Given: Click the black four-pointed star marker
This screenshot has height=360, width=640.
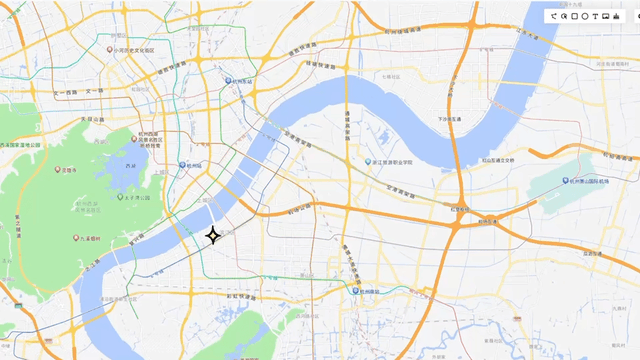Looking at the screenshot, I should coord(213,236).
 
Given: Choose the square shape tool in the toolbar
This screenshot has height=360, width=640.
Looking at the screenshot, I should coord(574,16).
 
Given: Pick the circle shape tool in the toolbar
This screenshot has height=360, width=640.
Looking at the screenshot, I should coord(584,16).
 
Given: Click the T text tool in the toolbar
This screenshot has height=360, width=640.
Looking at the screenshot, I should coord(595,16).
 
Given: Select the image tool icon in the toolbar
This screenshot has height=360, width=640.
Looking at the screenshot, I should coord(606,16).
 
